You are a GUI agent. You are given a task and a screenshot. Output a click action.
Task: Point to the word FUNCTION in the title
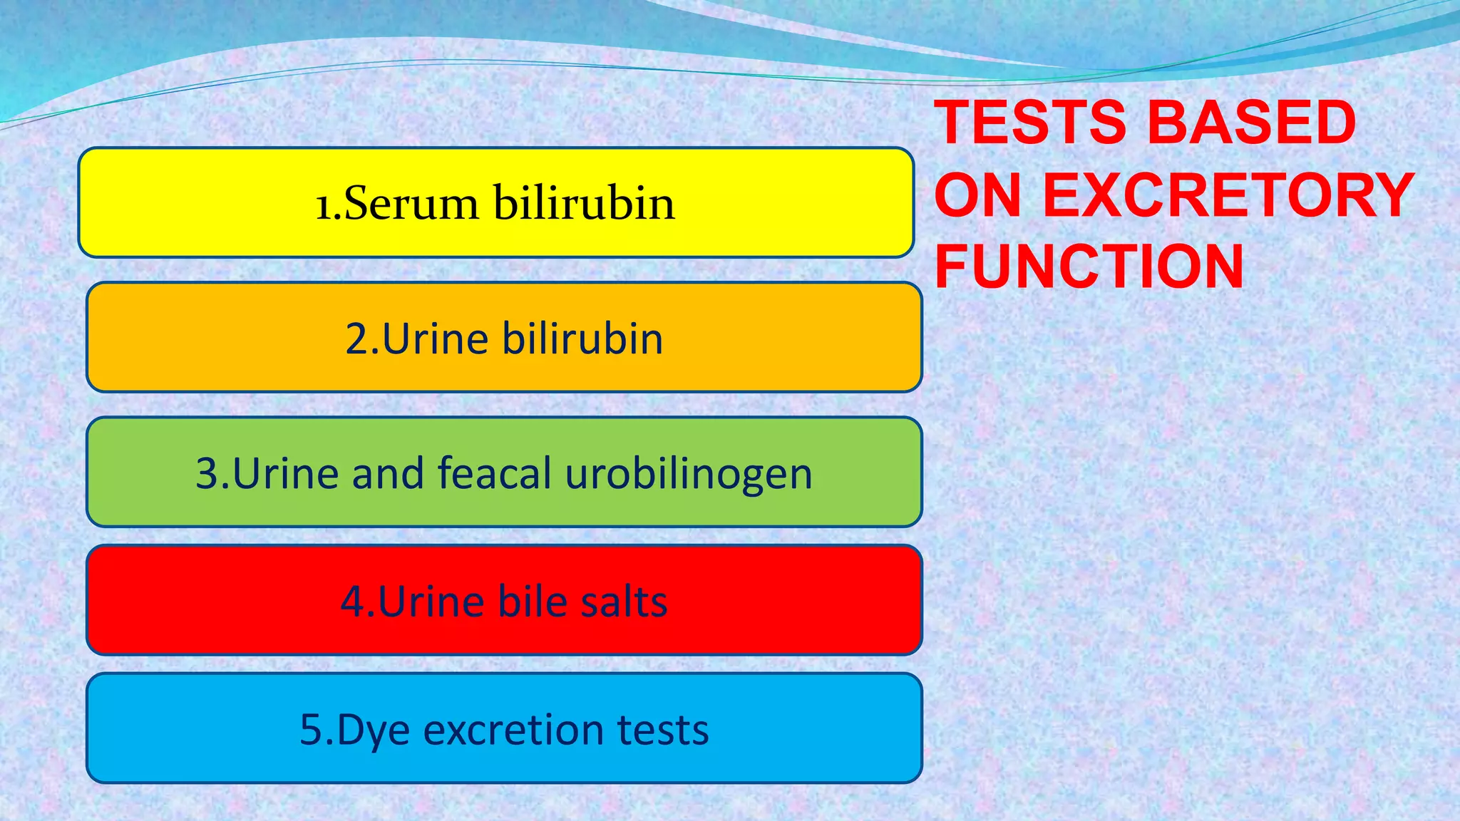point(1089,267)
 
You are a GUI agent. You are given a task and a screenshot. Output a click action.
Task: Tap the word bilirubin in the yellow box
point(584,203)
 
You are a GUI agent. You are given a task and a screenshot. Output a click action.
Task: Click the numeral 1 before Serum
point(323,205)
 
